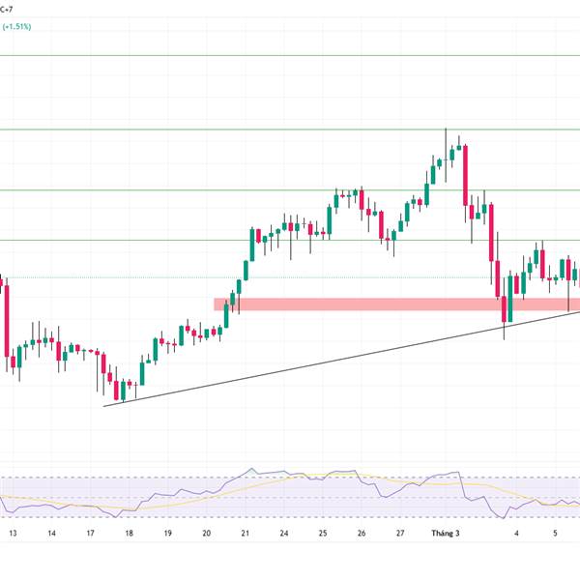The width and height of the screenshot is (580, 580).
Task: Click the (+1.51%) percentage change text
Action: (x=16, y=27)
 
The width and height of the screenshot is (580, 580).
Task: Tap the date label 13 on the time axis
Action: (x=12, y=533)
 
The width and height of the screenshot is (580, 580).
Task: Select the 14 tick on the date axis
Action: (x=51, y=533)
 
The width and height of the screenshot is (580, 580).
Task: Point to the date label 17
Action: (x=90, y=533)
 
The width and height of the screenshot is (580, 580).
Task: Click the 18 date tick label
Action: (x=129, y=533)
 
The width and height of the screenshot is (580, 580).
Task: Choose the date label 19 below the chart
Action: (x=167, y=533)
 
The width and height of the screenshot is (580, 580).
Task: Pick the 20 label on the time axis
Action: (x=207, y=533)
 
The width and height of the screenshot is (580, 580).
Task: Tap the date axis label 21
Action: (x=246, y=533)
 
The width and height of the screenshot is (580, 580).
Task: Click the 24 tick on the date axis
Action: (x=284, y=533)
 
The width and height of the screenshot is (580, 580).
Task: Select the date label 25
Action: (x=323, y=533)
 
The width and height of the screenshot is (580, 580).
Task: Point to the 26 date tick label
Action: (x=362, y=533)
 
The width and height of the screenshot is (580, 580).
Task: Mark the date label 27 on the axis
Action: (x=400, y=533)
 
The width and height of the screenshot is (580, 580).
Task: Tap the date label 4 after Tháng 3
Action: (x=516, y=533)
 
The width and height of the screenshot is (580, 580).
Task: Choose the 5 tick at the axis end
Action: (x=556, y=533)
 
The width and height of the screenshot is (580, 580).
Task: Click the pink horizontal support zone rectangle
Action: (x=387, y=304)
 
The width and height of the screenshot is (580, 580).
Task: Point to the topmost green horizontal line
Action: (x=290, y=55)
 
